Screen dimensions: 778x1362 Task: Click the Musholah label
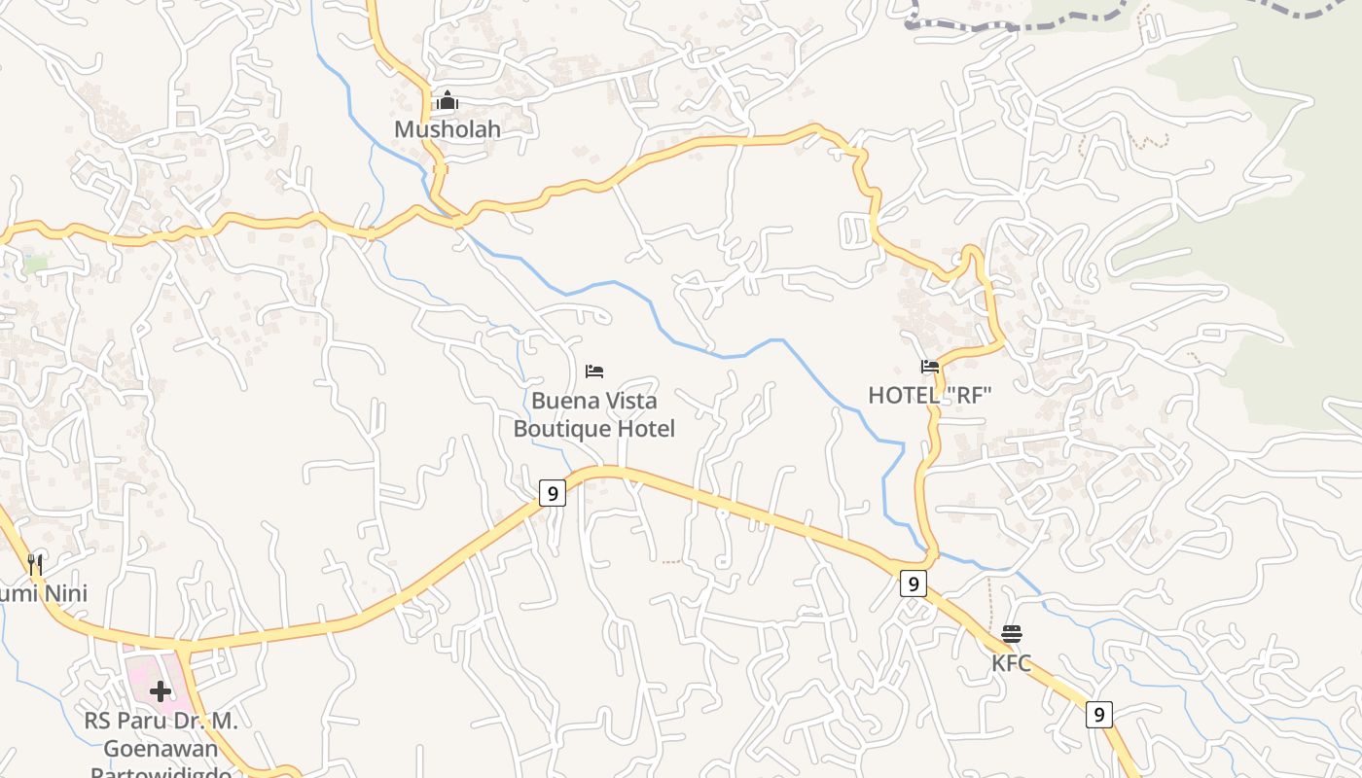[447, 128]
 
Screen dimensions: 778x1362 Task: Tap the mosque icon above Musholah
[447, 100]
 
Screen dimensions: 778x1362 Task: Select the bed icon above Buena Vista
[594, 371]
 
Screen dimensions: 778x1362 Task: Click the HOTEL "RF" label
[929, 395]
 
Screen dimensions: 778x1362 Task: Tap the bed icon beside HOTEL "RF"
[930, 367]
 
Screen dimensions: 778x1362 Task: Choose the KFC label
[1011, 663]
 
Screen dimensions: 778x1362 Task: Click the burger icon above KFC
[1012, 634]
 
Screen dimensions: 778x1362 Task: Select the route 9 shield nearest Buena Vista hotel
[552, 493]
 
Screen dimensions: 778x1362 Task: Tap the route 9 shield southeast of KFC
[1099, 714]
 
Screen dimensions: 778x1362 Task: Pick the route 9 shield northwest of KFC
[912, 583]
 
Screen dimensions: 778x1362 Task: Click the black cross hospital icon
[161, 691]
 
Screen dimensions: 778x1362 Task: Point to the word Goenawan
[161, 748]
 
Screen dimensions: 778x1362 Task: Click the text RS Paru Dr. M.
[161, 721]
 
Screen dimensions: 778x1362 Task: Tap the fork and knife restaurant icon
[35, 564]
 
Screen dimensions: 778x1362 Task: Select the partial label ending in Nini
[44, 593]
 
